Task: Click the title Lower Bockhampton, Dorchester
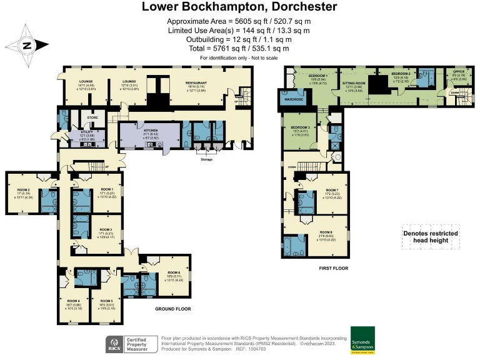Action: pyautogui.click(x=239, y=7)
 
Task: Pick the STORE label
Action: pyautogui.click(x=92, y=117)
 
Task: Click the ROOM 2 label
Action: pyautogui.click(x=23, y=189)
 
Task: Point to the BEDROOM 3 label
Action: pyautogui.click(x=300, y=127)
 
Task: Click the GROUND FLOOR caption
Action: pyautogui.click(x=172, y=309)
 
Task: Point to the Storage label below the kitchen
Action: pyautogui.click(x=206, y=159)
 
